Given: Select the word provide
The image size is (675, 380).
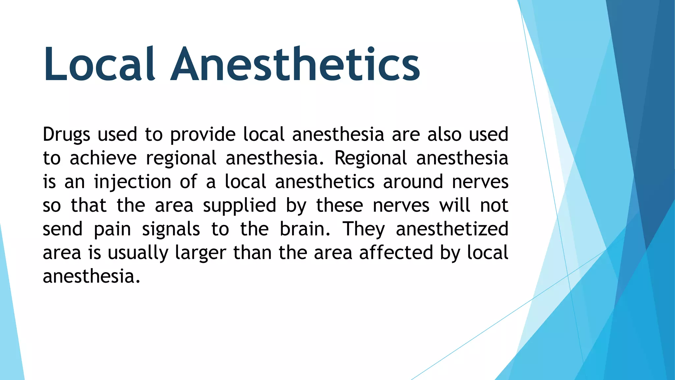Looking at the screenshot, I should (203, 135).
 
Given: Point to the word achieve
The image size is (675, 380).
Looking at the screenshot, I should (103, 158).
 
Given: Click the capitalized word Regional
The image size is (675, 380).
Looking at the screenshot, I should (371, 159).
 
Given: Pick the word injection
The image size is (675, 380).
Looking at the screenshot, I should (132, 182).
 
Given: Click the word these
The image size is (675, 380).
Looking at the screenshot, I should (339, 206).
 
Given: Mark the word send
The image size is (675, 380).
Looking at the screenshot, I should (63, 229).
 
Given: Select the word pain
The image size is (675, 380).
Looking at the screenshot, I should (112, 230).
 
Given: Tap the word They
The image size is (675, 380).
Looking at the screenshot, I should (364, 230).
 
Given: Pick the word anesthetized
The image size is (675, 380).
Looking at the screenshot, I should (452, 229).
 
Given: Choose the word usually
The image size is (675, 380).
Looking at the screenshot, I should (138, 253).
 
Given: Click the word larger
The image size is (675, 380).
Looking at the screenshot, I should (200, 253).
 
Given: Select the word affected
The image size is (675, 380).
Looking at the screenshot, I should (396, 253).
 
